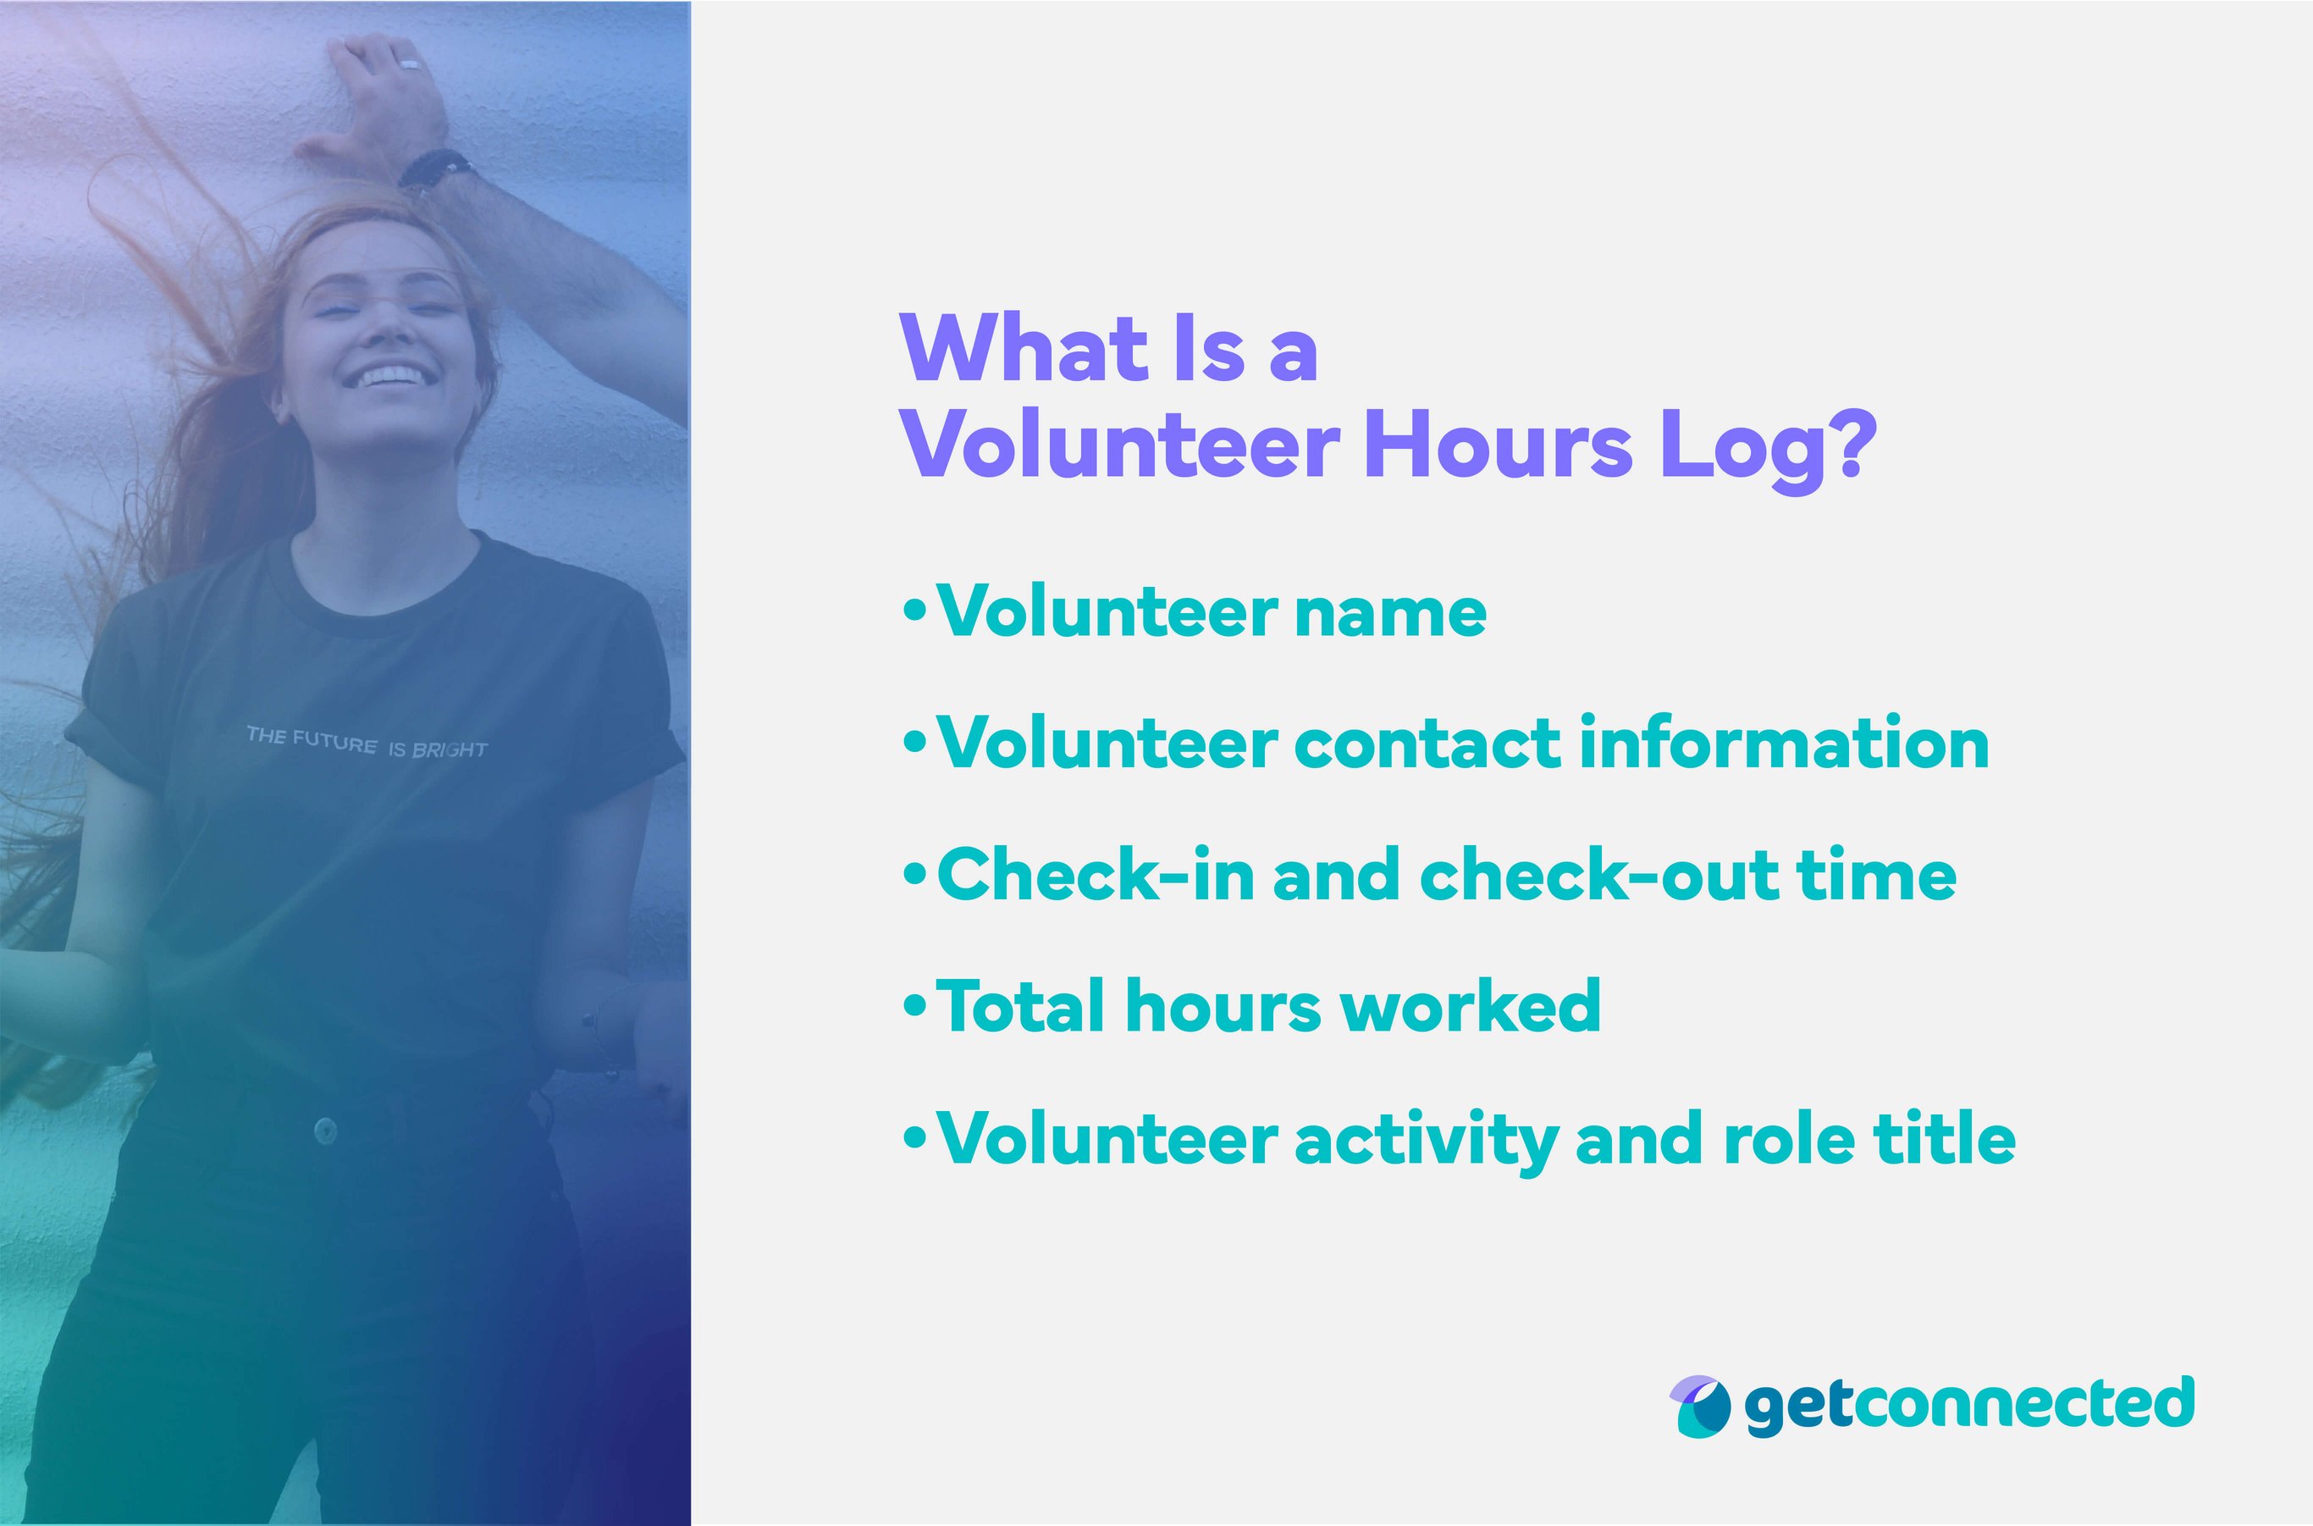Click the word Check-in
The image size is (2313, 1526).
[1096, 875]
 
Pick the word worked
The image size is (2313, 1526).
[1471, 1006]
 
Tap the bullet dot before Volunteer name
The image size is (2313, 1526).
[914, 612]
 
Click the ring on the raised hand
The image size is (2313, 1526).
[410, 65]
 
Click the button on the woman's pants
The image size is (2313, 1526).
[325, 1130]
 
